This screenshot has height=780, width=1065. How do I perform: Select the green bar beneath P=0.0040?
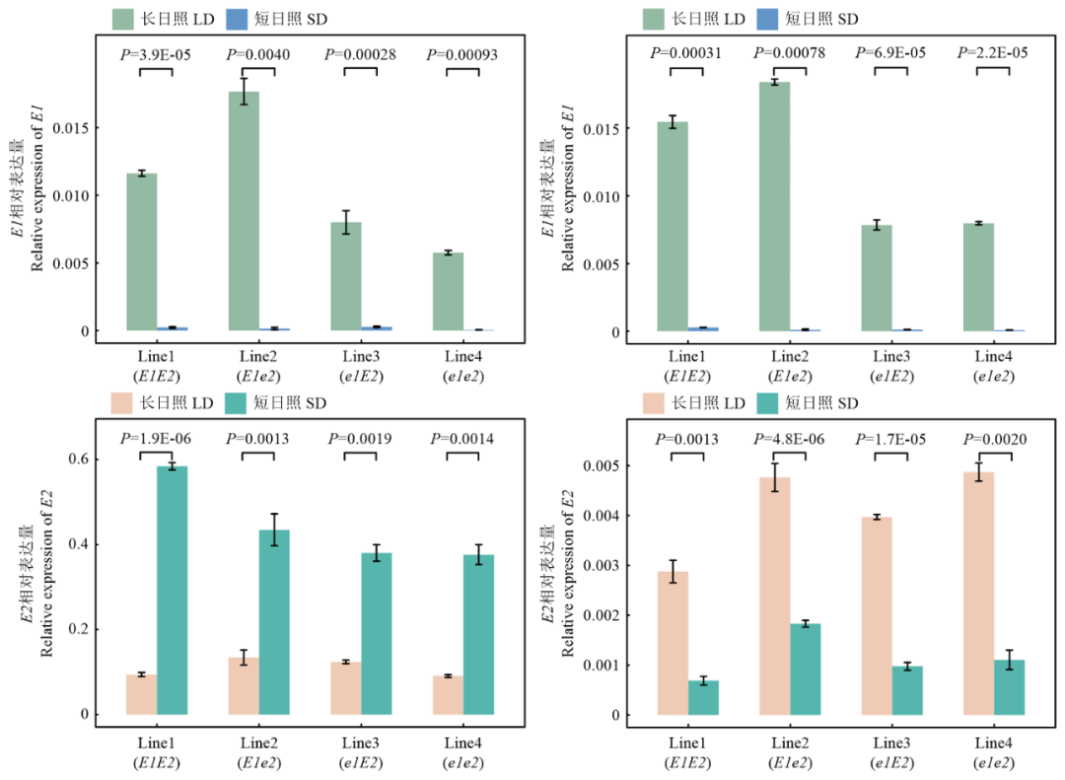point(244,211)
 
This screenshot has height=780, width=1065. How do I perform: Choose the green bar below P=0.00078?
point(774,206)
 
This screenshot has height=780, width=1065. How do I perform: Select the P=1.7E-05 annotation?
point(891,439)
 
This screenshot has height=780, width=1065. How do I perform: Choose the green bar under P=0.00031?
point(673,226)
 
